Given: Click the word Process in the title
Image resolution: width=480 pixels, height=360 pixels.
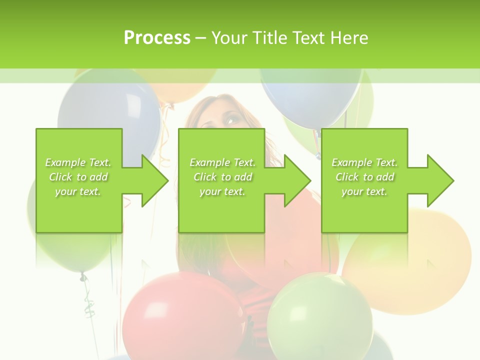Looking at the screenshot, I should point(157,38).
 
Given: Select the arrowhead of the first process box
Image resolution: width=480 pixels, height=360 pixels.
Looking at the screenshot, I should point(154,180).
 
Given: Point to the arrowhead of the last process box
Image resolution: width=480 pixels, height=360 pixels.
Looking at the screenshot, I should point(440,180).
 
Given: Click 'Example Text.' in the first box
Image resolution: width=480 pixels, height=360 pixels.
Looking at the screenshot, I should point(78,162).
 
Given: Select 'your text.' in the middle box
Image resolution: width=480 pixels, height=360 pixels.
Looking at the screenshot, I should point(222,191).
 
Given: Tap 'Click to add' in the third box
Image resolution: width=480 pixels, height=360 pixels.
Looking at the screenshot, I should point(364,177).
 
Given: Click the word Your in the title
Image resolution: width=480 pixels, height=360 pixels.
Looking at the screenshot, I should point(228,38).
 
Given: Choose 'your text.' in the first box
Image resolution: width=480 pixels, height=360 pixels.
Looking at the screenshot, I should point(78,191).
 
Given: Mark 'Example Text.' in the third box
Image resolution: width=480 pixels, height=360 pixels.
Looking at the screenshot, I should point(364,162).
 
